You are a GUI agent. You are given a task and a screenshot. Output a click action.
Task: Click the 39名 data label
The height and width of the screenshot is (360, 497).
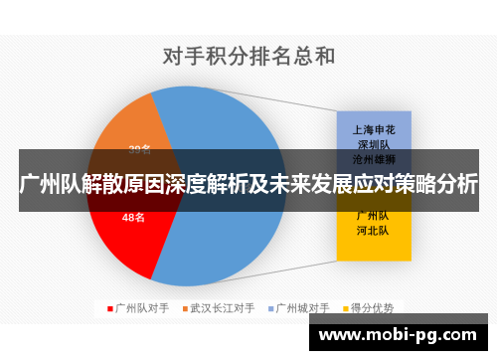[140, 150]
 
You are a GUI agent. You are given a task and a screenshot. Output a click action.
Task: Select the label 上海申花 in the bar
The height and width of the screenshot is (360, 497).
[373, 129]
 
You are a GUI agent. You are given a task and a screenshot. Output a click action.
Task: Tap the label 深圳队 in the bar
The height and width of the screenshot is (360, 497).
[373, 143]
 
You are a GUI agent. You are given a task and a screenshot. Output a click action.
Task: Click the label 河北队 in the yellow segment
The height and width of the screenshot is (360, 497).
[373, 230]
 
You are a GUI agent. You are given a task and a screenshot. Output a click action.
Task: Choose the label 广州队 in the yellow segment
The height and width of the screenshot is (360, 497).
[373, 215]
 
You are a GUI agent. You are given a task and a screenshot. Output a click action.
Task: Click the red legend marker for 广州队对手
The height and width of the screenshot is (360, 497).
[109, 308]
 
